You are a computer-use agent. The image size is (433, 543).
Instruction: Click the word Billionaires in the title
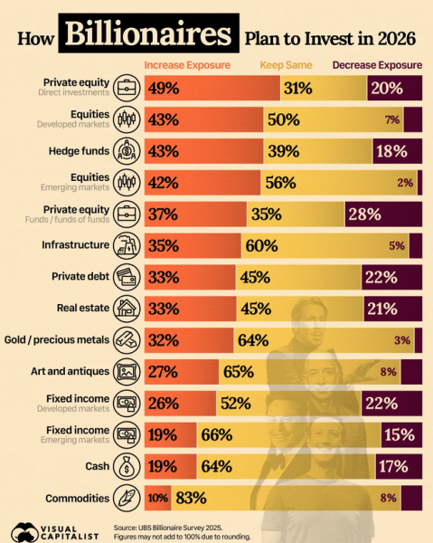click(x=148, y=33)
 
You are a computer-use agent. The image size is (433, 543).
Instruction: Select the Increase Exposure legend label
click(x=187, y=65)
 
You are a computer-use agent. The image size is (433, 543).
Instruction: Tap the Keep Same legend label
click(x=286, y=65)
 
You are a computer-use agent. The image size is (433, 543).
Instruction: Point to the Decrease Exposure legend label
click(x=377, y=65)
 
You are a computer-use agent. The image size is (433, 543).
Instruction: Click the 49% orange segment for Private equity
click(x=212, y=89)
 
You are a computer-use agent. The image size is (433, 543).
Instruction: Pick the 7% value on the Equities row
click(x=392, y=119)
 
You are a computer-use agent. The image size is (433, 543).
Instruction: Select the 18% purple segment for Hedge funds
click(x=398, y=151)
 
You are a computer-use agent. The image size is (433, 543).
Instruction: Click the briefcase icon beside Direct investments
click(x=127, y=88)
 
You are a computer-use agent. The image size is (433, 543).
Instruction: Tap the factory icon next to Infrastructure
click(x=127, y=246)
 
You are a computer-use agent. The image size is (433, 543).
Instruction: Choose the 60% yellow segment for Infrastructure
click(x=325, y=246)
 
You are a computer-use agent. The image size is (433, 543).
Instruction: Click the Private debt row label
click(x=80, y=276)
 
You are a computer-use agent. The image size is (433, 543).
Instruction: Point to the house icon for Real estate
click(x=127, y=309)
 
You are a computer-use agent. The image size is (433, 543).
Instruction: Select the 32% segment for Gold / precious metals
click(x=189, y=340)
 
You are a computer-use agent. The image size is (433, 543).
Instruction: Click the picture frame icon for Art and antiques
click(x=127, y=372)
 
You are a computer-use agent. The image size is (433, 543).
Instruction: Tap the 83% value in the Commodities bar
click(x=191, y=498)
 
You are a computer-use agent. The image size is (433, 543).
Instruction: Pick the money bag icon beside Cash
click(x=127, y=466)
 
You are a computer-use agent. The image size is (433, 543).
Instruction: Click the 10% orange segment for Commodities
click(x=158, y=498)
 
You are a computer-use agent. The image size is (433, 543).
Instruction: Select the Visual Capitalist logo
click(x=54, y=532)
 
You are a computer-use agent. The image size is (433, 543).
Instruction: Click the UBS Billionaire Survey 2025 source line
click(x=168, y=528)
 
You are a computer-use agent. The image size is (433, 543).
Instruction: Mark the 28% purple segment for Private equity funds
click(x=383, y=214)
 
